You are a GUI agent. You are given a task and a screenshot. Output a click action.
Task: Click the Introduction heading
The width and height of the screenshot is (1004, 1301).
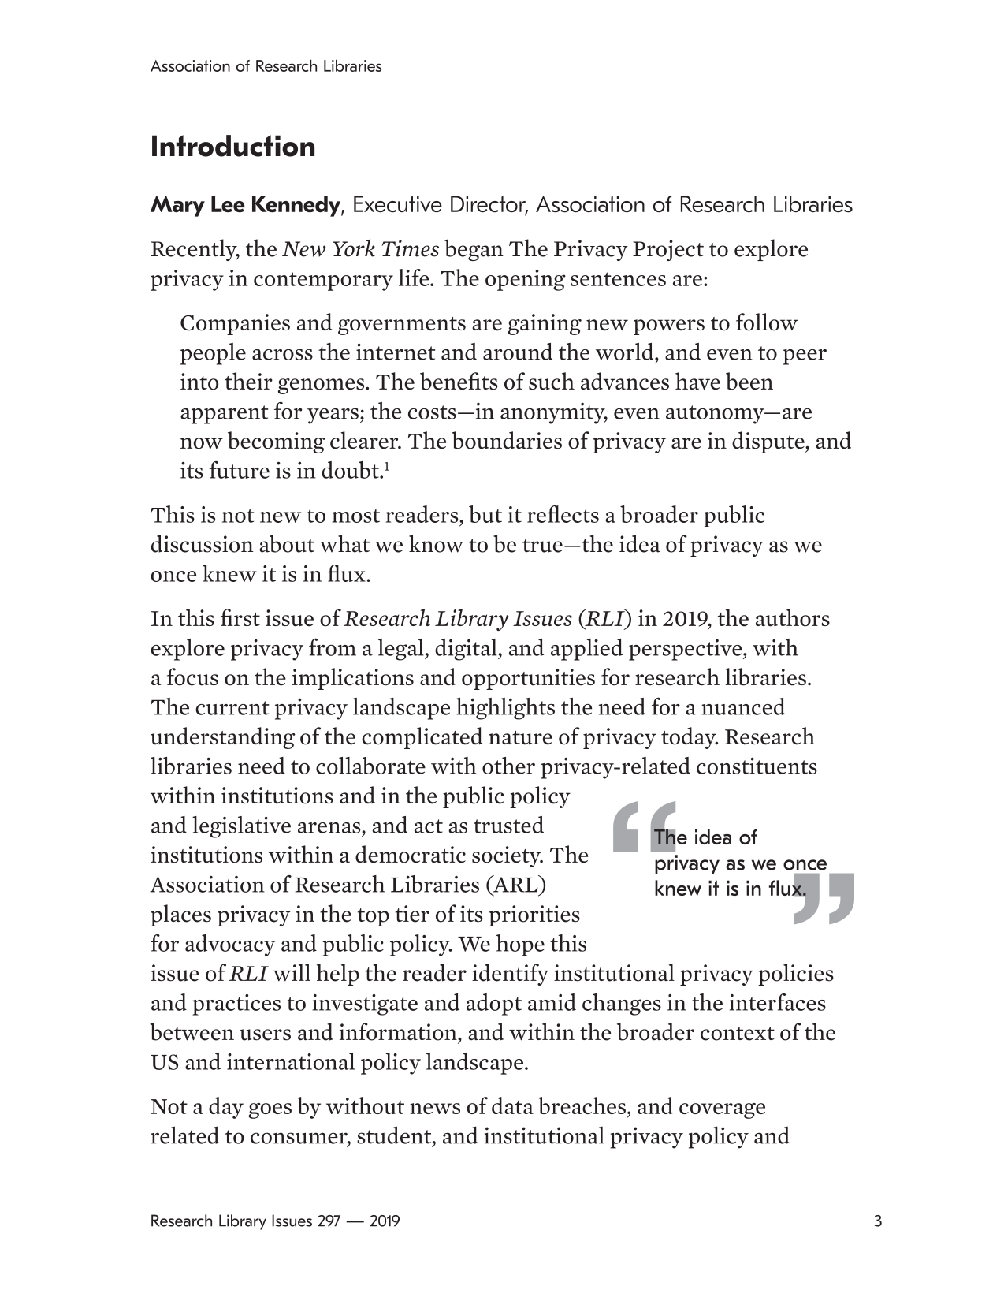click(x=232, y=147)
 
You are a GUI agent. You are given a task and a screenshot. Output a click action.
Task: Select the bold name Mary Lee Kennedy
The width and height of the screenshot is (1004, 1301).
click(x=245, y=205)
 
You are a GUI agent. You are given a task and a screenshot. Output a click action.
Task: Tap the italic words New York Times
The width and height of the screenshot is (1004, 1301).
click(x=360, y=249)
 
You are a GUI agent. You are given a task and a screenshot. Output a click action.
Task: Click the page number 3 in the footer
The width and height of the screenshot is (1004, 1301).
click(x=878, y=1222)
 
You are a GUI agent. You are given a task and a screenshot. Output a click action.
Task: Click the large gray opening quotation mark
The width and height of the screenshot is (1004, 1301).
click(x=642, y=828)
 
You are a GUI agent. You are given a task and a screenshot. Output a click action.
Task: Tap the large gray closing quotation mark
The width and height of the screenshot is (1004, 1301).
click(x=824, y=898)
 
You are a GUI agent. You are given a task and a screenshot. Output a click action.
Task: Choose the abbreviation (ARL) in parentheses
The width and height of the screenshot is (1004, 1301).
click(x=517, y=885)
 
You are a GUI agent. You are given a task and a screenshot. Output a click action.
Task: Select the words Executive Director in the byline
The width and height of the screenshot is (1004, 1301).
click(x=439, y=205)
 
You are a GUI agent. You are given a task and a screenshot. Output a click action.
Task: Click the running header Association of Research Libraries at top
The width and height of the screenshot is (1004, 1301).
click(x=266, y=67)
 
